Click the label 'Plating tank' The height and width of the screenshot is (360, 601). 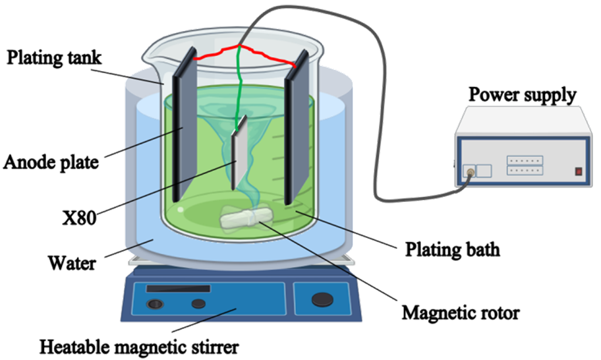click(x=55, y=57)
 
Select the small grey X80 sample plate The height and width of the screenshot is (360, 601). click(x=239, y=152)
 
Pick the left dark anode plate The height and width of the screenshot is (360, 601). click(x=182, y=132)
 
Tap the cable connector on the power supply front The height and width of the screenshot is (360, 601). click(x=469, y=171)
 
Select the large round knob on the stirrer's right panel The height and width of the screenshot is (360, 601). click(x=322, y=300)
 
